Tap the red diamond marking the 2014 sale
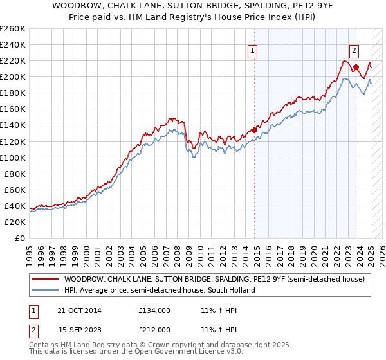point(255,130)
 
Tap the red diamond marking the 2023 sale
point(356,67)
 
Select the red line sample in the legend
point(44,279)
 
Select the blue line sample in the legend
point(44,290)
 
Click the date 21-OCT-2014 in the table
point(79,310)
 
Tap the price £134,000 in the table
point(154,310)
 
